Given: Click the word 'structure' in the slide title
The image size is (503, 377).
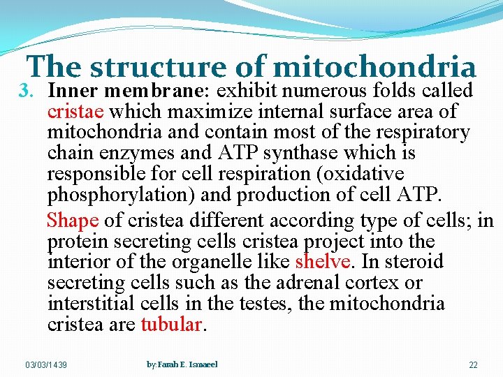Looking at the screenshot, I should pos(158,68).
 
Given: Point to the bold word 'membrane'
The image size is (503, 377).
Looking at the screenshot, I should pos(157,91).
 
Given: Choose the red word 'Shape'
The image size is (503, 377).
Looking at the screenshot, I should pos(73,221).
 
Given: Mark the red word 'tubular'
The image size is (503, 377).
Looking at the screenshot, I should pos(172,325).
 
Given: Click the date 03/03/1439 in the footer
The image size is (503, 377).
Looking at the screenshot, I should pos(46,365).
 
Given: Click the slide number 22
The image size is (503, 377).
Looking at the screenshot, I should pos(473,365).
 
